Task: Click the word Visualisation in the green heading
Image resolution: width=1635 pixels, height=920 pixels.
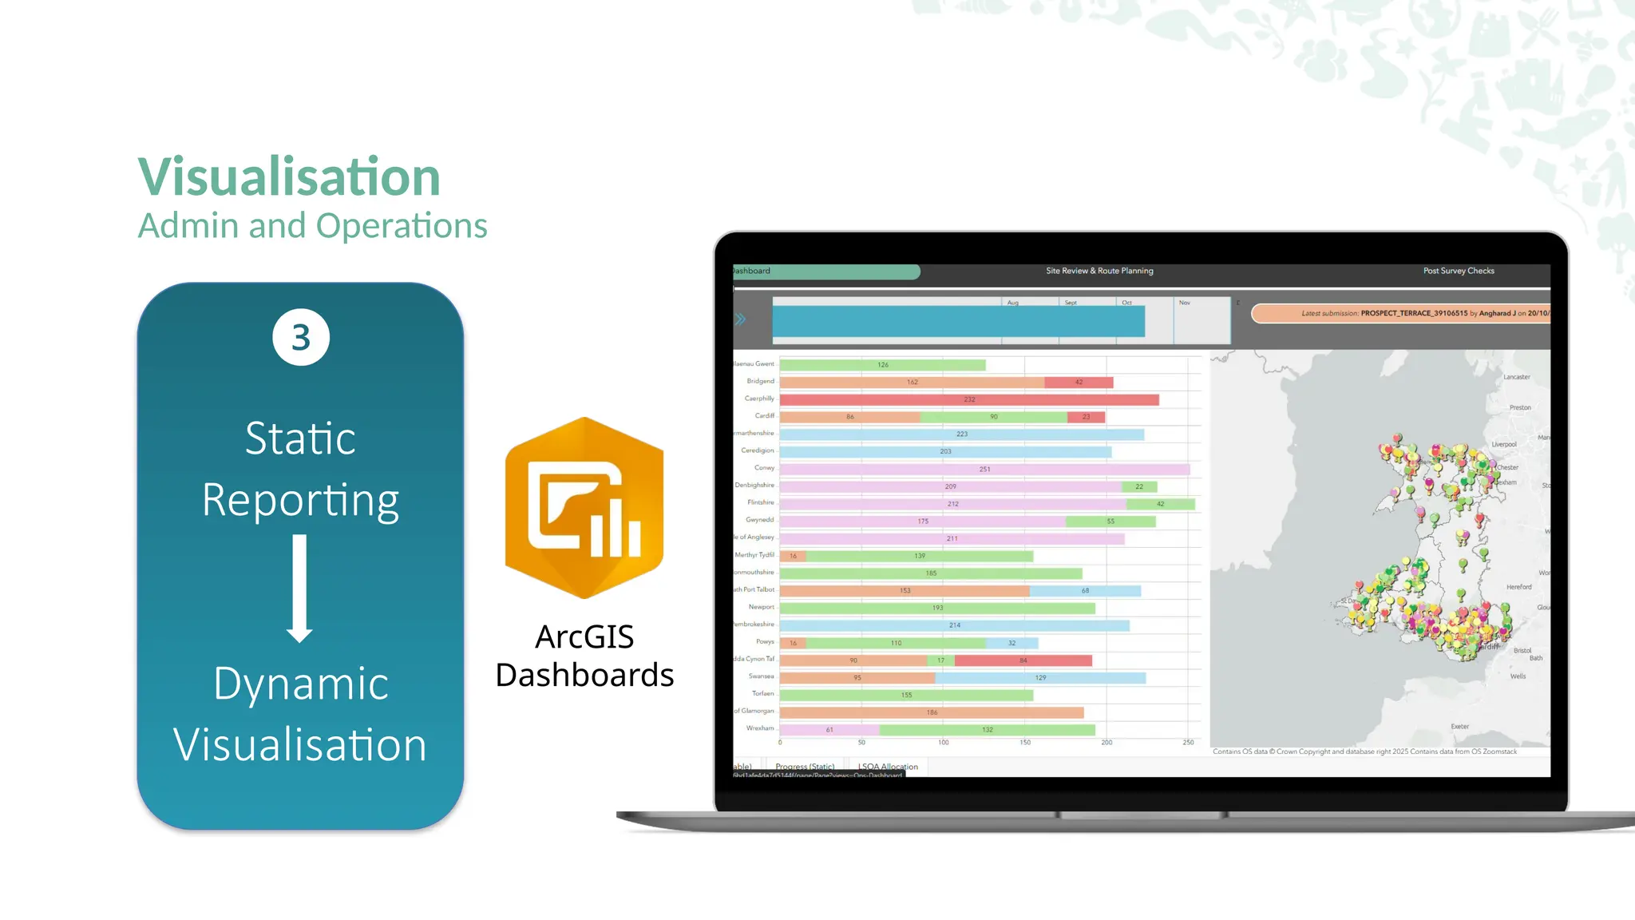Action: (289, 176)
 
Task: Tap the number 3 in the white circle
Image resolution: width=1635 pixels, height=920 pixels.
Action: (301, 338)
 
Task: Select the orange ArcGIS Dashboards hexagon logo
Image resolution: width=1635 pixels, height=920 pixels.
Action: (584, 508)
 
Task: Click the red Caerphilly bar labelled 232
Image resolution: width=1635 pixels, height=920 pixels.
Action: (969, 399)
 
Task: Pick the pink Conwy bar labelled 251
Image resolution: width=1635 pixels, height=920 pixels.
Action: (984, 469)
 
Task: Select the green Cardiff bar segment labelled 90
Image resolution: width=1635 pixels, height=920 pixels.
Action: (993, 417)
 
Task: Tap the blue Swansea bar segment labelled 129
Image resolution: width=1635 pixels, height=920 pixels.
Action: (1040, 678)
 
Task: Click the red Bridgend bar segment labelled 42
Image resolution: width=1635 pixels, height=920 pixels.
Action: (1079, 383)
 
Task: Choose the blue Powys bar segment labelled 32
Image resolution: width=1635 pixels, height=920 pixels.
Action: (1011, 643)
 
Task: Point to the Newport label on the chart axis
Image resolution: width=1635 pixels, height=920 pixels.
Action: (761, 607)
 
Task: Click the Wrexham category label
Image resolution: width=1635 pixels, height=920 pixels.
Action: (759, 728)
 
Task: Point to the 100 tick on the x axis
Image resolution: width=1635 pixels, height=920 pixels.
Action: (944, 743)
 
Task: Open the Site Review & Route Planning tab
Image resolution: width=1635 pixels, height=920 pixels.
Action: (1099, 271)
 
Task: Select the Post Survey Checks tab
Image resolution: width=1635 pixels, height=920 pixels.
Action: (1459, 271)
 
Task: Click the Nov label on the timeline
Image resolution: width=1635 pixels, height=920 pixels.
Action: (1185, 303)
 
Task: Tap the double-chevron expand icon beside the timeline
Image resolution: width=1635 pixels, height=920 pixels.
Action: (741, 319)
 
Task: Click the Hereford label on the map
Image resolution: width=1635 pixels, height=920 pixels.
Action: (1518, 587)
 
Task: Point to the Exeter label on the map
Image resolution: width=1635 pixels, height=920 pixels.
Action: (1459, 727)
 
